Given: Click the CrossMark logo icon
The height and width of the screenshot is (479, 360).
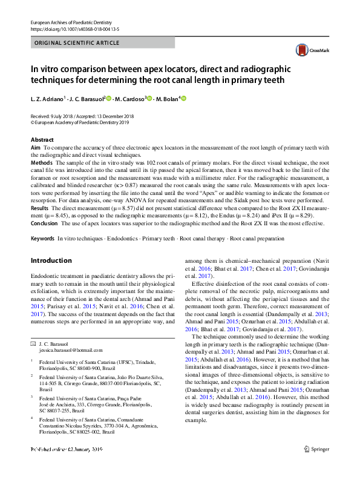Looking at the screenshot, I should click(x=303, y=50).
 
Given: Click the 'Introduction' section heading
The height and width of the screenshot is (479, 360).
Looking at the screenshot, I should click(x=51, y=260).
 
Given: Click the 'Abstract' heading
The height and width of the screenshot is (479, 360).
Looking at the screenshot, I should click(x=42, y=140).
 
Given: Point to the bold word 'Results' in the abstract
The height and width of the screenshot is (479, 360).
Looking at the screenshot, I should click(x=41, y=207).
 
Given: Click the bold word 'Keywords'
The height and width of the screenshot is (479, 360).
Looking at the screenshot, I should click(x=43, y=239).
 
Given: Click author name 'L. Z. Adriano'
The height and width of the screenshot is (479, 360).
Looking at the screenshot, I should click(x=47, y=98).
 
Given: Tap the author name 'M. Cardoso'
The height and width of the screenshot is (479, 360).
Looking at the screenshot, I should click(x=129, y=98).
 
